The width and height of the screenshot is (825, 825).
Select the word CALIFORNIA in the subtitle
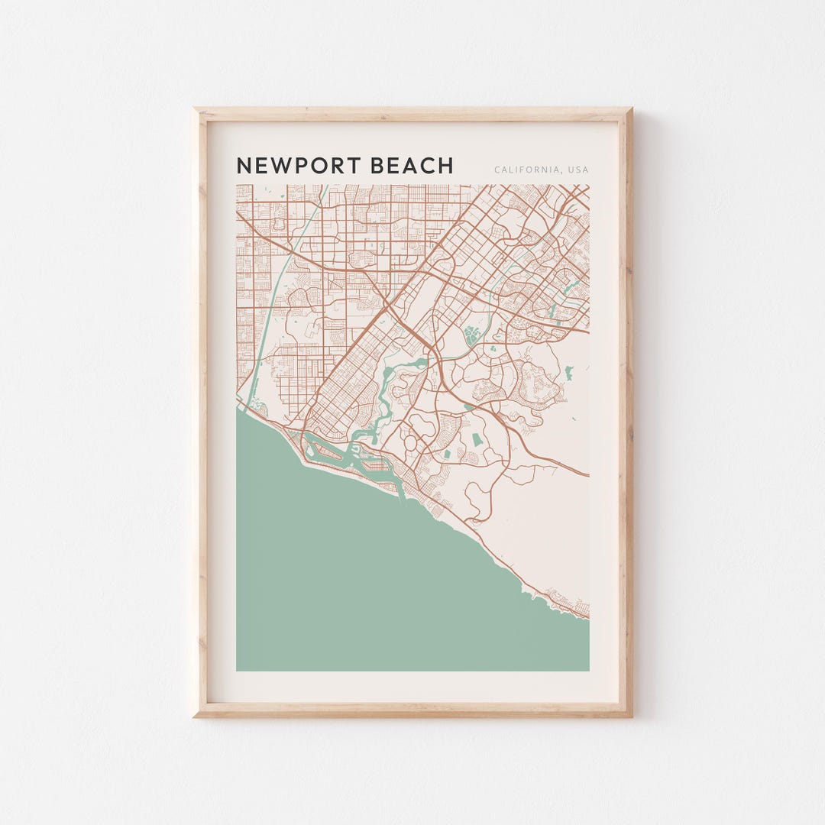[526, 170]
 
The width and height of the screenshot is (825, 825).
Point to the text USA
[577, 170]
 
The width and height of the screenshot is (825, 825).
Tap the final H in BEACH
[446, 166]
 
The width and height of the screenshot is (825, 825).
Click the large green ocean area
[367, 581]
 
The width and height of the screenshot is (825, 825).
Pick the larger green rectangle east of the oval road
[477, 440]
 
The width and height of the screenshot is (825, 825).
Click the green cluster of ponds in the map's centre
[471, 334]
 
